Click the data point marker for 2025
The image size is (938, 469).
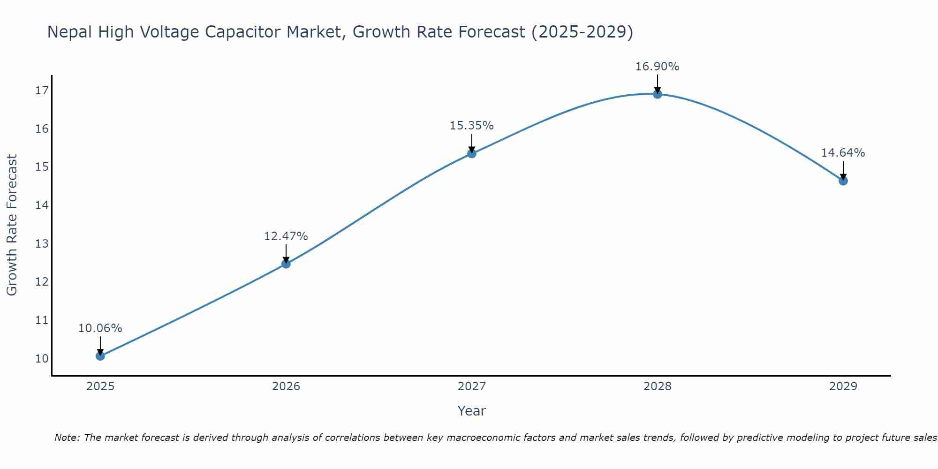(x=100, y=356)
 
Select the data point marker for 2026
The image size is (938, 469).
(x=286, y=264)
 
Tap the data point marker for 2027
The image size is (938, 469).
(x=472, y=153)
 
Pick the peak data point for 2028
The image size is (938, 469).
(x=658, y=94)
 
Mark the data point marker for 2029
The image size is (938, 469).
(x=843, y=181)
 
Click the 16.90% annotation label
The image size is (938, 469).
(x=657, y=67)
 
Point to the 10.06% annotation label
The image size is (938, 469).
(x=100, y=328)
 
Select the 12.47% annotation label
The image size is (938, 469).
(x=286, y=236)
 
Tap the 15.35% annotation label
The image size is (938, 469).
(x=471, y=126)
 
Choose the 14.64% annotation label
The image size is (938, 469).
(x=843, y=153)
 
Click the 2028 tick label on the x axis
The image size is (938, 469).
(x=657, y=386)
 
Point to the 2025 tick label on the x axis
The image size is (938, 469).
(x=100, y=386)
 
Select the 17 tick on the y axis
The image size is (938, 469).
(x=42, y=91)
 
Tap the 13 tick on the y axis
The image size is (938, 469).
(x=42, y=244)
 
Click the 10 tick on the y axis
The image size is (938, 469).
(x=42, y=359)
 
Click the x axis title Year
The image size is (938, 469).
(x=471, y=411)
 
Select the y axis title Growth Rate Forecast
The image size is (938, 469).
(x=12, y=225)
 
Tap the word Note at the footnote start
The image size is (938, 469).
(x=67, y=438)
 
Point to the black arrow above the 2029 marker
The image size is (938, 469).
(x=843, y=170)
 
